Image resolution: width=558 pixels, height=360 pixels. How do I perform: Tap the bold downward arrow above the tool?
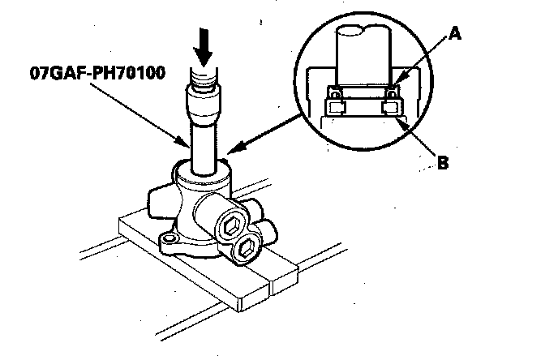[x=201, y=51]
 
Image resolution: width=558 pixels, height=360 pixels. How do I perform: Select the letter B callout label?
[x=443, y=163]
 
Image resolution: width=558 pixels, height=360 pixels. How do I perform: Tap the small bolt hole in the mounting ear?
[x=170, y=238]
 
